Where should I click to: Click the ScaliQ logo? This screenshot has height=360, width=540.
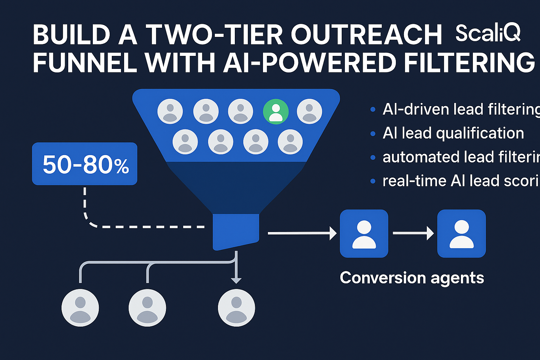[x=488, y=33]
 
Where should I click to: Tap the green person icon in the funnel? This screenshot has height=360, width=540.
[x=276, y=111]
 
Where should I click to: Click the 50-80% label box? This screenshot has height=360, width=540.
[x=85, y=164]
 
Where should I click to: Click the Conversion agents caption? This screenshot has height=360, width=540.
[x=412, y=278]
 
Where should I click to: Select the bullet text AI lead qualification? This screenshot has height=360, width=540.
[x=453, y=133]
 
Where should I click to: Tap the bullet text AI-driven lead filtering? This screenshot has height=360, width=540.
[x=461, y=109]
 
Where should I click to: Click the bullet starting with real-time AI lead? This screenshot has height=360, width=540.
[x=461, y=181]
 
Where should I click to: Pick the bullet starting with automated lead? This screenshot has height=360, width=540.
[x=461, y=157]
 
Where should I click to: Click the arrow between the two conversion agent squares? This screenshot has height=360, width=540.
[x=413, y=233]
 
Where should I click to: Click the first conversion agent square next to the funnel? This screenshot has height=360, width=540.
[x=364, y=233]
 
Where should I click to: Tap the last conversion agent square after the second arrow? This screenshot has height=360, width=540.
[x=461, y=233]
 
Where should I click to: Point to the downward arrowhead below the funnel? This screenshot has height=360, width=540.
[x=236, y=280]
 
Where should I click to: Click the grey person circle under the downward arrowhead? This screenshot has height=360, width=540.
[x=236, y=308]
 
